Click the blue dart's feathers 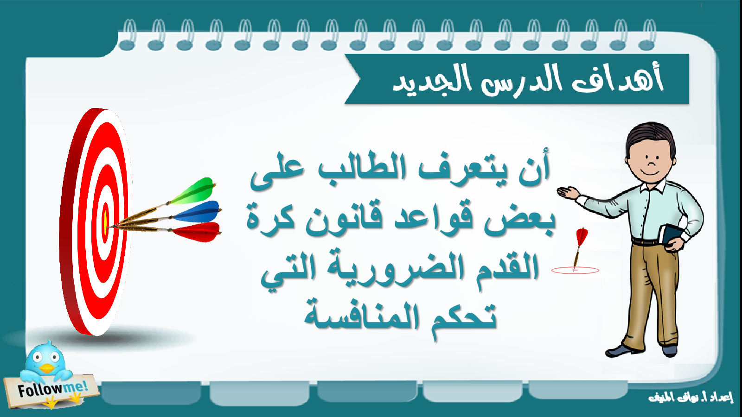(198, 212)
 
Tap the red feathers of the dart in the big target (198, 232)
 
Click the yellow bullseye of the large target (105, 223)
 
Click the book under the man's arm (669, 237)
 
